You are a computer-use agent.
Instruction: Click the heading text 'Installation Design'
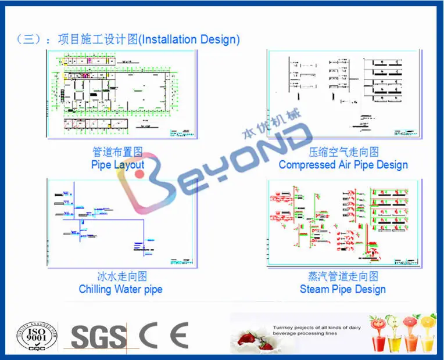pyautogui.click(x=190, y=39)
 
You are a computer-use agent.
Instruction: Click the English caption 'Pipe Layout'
pyautogui.click(x=117, y=164)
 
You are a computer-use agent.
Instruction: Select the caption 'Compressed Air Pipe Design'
pyautogui.click(x=343, y=164)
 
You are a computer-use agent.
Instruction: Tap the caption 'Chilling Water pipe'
pyautogui.click(x=120, y=289)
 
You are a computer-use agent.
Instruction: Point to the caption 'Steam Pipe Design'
pyautogui.click(x=342, y=289)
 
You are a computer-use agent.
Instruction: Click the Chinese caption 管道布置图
pyautogui.click(x=117, y=152)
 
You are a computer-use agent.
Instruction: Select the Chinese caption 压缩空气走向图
pyautogui.click(x=343, y=152)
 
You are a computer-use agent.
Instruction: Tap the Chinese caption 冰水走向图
pyautogui.click(x=121, y=276)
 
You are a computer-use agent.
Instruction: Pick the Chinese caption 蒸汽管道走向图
pyautogui.click(x=342, y=276)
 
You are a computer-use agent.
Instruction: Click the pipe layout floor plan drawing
pyautogui.click(x=121, y=95)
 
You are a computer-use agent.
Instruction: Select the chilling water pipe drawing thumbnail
pyautogui.click(x=121, y=222)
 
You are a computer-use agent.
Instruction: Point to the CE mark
pyautogui.click(x=163, y=336)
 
